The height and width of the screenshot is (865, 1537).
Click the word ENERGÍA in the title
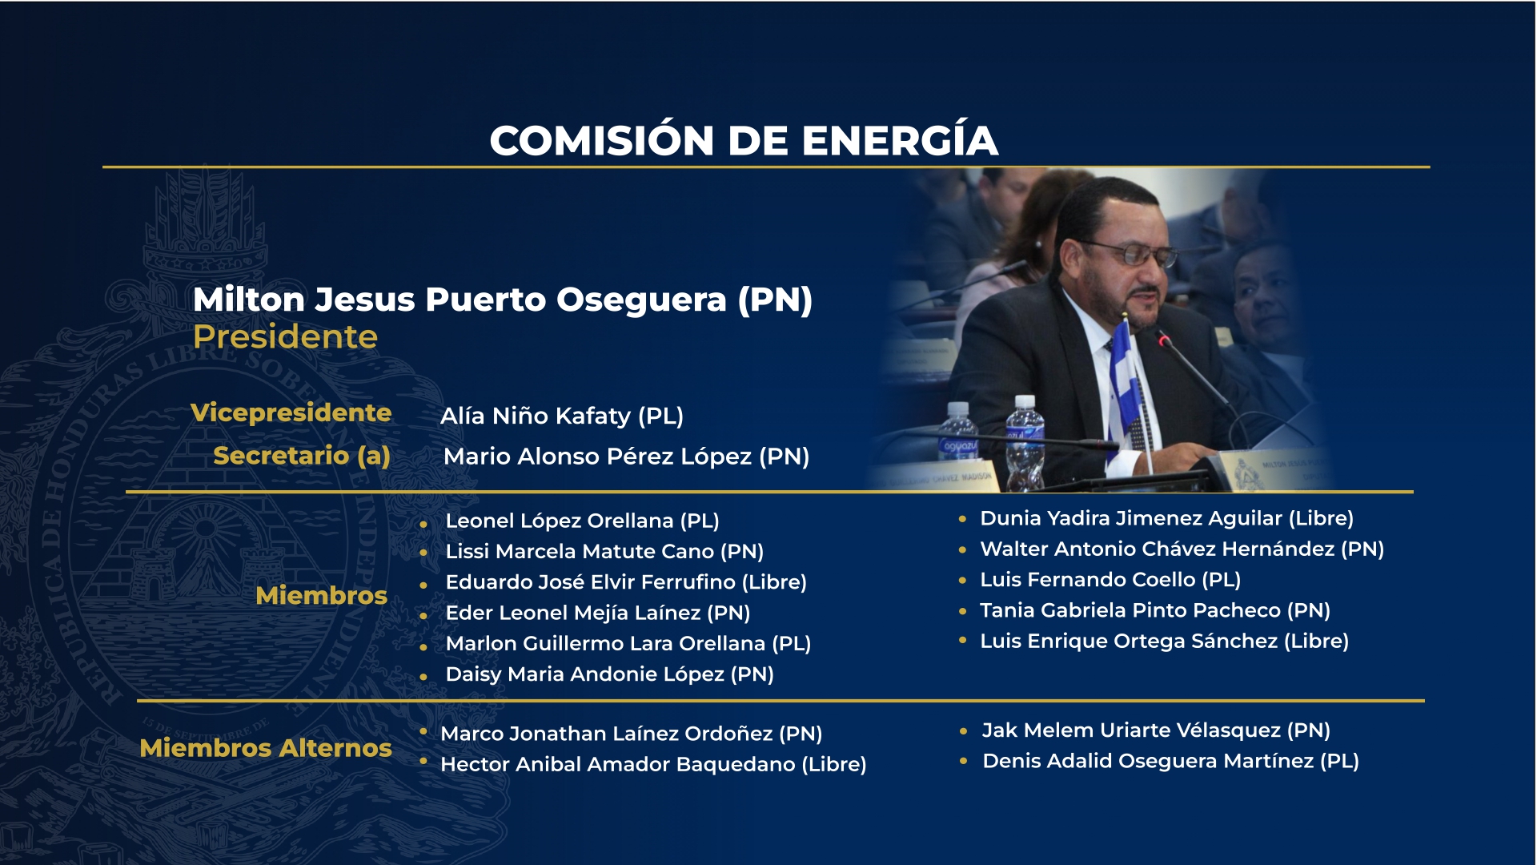[900, 141]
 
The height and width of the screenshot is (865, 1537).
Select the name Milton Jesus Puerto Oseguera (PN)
[502, 300]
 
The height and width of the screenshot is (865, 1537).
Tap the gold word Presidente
[285, 337]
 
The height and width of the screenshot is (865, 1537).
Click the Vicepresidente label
[291, 412]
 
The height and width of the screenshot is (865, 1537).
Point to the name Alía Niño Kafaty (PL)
[561, 416]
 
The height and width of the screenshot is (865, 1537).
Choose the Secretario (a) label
[301, 456]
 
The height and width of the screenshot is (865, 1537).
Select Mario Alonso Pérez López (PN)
[626, 457]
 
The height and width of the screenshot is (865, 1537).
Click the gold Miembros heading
[321, 595]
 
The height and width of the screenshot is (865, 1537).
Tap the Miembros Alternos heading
[265, 747]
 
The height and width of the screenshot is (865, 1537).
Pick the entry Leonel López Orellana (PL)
[582, 521]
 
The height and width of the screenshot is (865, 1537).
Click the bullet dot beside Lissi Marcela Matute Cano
[423, 552]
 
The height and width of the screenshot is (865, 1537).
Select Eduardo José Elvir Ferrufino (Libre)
[625, 582]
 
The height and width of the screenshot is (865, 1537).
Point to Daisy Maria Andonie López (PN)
[609, 674]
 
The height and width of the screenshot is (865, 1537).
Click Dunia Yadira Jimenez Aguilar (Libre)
[1166, 518]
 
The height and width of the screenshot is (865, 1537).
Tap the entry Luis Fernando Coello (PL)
[1110, 580]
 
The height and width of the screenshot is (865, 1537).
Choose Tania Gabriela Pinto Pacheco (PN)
[1154, 610]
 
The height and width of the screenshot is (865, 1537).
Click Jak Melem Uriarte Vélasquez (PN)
[1155, 730]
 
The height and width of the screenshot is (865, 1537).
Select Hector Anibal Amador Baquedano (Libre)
[652, 764]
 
